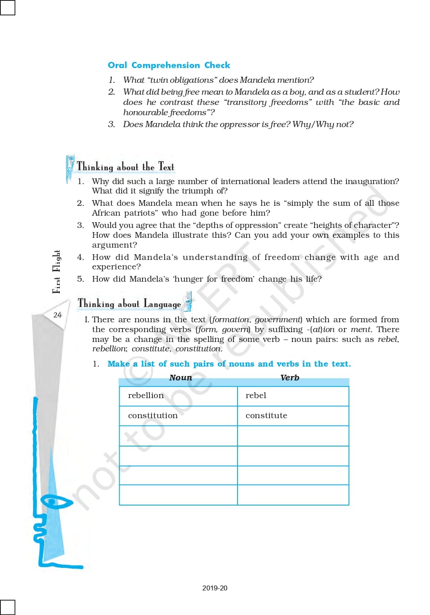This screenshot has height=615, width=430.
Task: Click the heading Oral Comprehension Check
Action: pyautogui.click(x=169, y=65)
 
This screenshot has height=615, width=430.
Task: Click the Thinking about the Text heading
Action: pyautogui.click(x=125, y=167)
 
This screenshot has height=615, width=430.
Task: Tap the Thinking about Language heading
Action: pyautogui.click(x=129, y=304)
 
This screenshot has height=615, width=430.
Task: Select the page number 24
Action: pyautogui.click(x=57, y=315)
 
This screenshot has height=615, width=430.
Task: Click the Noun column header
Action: pyautogui.click(x=181, y=378)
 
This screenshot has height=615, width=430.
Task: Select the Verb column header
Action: pyautogui.click(x=290, y=378)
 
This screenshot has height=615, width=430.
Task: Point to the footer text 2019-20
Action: pyautogui.click(x=215, y=588)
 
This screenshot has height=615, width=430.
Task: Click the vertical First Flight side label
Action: pyautogui.click(x=57, y=271)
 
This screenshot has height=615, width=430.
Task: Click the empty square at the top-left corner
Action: pyautogui.click(x=7, y=7)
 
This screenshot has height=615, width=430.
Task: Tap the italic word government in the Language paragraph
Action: pyautogui.click(x=278, y=319)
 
